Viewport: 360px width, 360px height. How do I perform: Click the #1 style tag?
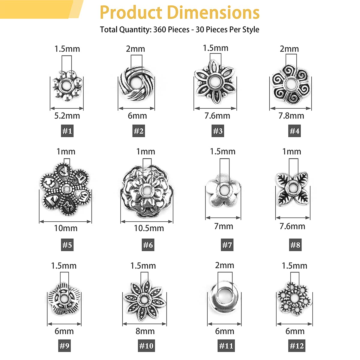tap(67, 131)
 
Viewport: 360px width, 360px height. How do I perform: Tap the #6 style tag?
tap(148, 245)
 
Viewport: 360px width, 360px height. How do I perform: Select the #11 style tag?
tap(226, 346)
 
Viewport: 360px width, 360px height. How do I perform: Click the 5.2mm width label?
tap(67, 116)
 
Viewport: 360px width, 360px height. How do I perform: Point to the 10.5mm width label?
tap(149, 228)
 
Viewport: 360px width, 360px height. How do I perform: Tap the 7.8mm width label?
tap(291, 116)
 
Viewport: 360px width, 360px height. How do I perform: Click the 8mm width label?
tap(145, 331)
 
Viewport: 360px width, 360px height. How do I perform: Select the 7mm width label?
tap(223, 226)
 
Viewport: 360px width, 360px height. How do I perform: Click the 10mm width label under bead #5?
tap(66, 228)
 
